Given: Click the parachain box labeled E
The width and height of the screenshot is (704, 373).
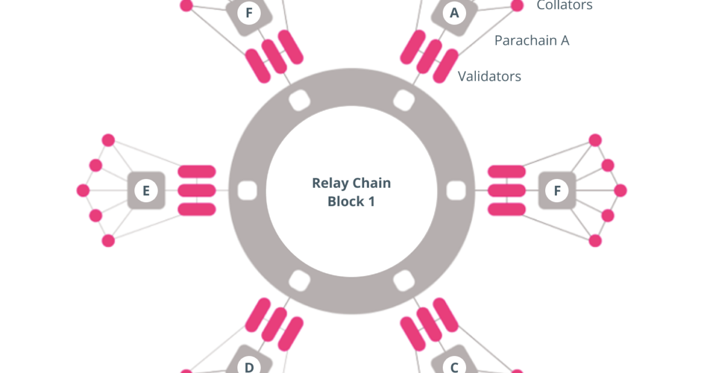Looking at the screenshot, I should [x=146, y=191].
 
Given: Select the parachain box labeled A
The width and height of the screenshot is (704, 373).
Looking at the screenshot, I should [x=454, y=13].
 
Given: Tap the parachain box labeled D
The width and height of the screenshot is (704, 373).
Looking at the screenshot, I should [x=249, y=365].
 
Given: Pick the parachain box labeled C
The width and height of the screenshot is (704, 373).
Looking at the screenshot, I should [x=454, y=365].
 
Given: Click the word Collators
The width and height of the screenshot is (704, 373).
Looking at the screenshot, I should [x=564, y=6].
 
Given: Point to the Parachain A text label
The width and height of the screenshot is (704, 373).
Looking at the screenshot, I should [x=532, y=40].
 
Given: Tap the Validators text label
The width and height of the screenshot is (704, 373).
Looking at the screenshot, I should [x=489, y=76].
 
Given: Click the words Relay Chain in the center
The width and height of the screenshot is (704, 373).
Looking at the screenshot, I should [x=351, y=183].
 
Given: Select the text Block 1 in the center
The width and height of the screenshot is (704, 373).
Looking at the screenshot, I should [x=351, y=202].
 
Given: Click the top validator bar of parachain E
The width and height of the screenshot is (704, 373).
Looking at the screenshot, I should [x=197, y=171].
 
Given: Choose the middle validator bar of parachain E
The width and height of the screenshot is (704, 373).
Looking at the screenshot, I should [x=197, y=191].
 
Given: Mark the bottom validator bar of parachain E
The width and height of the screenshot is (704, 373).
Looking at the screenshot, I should [x=197, y=209].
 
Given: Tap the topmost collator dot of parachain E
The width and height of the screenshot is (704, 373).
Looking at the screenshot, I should [x=108, y=140].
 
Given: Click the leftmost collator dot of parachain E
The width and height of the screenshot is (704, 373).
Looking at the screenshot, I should [x=83, y=191].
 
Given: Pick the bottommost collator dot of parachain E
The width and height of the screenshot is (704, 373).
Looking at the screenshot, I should [x=108, y=241].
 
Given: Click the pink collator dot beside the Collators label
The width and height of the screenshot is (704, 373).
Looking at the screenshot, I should [x=517, y=6].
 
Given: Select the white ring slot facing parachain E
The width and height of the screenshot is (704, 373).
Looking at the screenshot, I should [x=247, y=191].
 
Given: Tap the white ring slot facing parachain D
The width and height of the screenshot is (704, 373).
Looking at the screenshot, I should [x=299, y=281].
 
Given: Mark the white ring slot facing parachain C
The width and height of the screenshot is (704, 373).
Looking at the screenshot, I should [x=403, y=281].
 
